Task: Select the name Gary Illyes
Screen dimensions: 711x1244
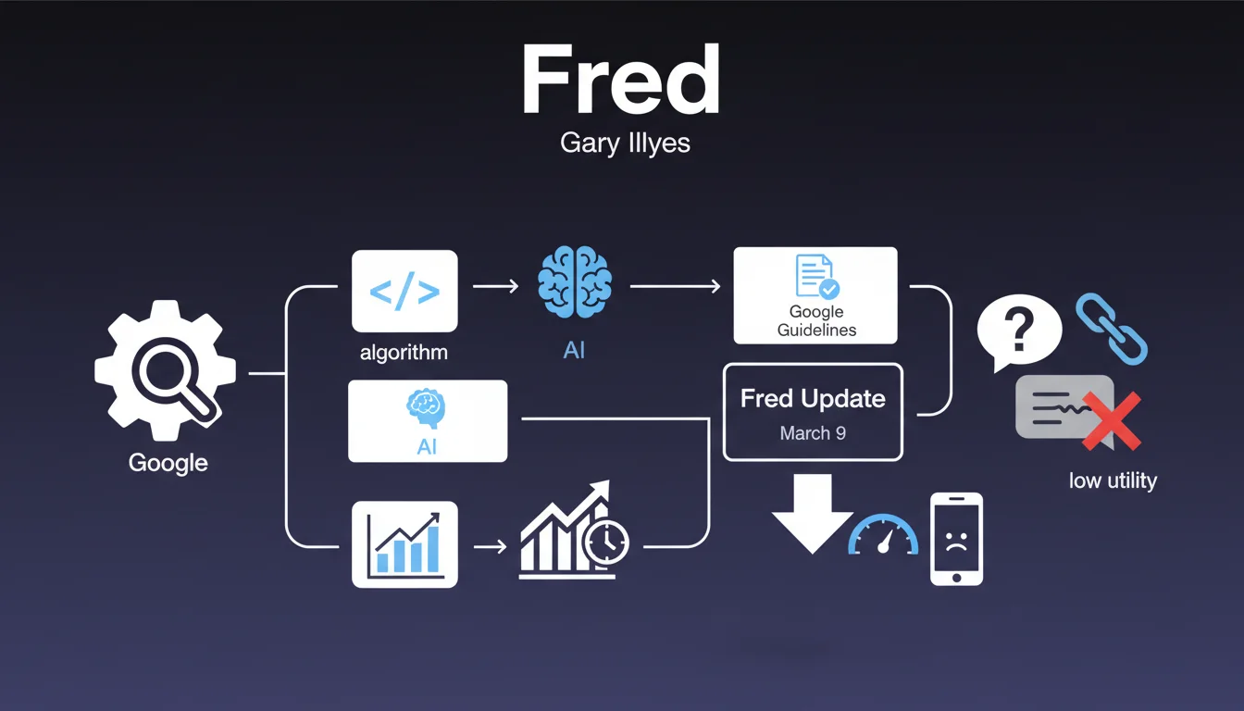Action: point(625,143)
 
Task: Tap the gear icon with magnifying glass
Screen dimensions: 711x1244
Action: point(166,369)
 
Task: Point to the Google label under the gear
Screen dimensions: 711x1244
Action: point(168,462)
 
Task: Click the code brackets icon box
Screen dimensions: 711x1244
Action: point(404,291)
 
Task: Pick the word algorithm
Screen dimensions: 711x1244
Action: point(404,352)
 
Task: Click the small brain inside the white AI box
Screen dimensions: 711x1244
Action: point(426,407)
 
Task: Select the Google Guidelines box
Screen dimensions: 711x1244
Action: point(815,295)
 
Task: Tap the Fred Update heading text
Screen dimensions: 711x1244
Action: point(813,399)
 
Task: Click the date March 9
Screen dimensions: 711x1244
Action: point(813,433)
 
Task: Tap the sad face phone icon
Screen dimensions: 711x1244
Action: point(956,539)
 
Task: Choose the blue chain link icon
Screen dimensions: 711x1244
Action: point(1111,329)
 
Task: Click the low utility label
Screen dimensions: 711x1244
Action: point(1113,480)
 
